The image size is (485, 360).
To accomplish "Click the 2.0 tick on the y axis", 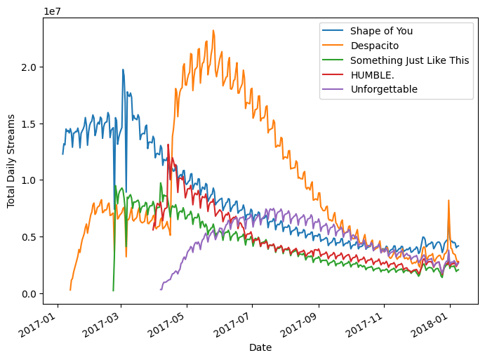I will [29, 67].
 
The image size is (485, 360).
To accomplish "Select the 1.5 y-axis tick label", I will [29, 124].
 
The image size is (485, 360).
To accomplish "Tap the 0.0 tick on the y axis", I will [29, 293].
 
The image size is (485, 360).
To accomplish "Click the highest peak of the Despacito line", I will [213, 30].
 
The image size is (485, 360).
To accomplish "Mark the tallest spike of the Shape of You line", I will [123, 69].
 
